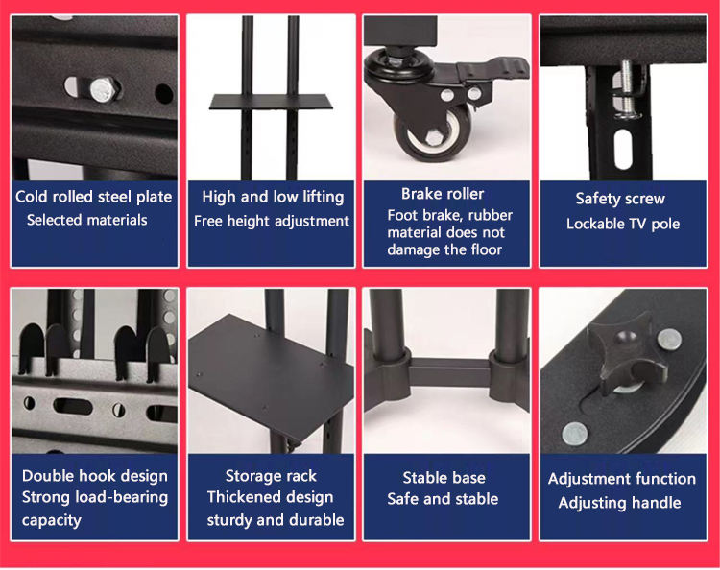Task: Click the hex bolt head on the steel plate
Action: pos(103,89)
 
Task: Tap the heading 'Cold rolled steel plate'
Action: pos(94,197)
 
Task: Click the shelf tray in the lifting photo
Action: pos(271,102)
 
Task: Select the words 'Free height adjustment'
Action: pos(272,222)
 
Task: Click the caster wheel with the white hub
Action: pos(433,134)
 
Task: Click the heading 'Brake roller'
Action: pos(443,194)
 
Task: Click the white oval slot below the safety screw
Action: pos(622,148)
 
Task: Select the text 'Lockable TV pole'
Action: pos(623,224)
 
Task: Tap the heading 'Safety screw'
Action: pos(620,199)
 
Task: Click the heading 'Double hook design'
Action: pos(95,476)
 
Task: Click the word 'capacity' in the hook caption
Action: pos(52,520)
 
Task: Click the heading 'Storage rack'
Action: pos(271,476)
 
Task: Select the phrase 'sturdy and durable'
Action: pos(276,520)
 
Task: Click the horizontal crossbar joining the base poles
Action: pos(449,372)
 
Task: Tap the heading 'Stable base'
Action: pos(444,478)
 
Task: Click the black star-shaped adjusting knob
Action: pos(627,356)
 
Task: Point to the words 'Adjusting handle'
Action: pos(619,503)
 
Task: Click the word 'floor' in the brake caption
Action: pos(487,249)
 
